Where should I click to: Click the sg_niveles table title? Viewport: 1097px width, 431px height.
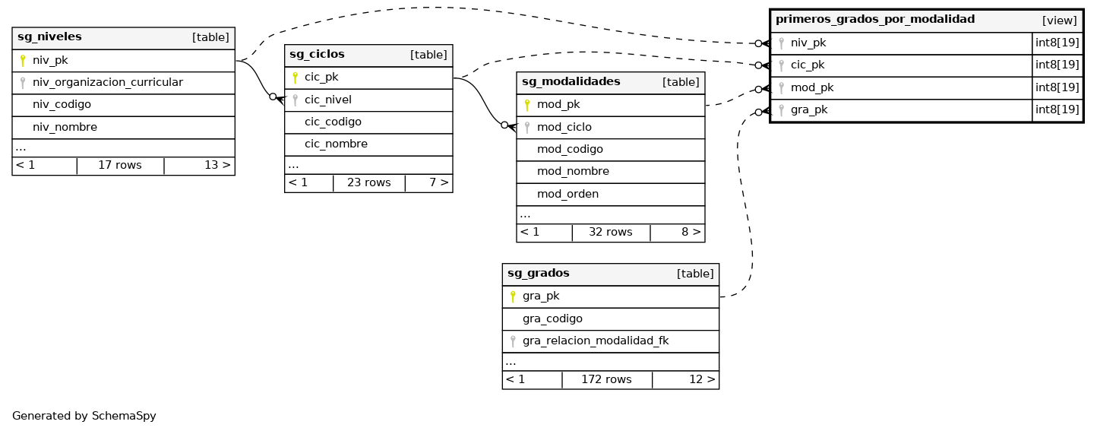coord(49,37)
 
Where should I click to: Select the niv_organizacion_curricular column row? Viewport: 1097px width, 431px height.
coord(107,82)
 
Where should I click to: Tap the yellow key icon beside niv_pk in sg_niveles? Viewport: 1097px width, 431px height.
coord(23,60)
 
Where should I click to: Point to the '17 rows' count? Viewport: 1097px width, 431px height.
coord(120,165)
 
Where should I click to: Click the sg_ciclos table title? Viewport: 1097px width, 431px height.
coord(317,54)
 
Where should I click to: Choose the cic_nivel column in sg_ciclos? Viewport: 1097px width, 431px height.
coord(327,100)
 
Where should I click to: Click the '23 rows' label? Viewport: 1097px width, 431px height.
coord(368,182)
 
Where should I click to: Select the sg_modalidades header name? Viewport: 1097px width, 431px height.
coord(571,81)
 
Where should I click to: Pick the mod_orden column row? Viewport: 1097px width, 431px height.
coord(567,194)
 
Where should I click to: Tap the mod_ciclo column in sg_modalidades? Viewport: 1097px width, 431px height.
coord(564,127)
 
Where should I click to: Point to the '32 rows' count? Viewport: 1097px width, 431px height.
coord(610,232)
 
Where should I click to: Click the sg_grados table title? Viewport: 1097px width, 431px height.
coord(538,274)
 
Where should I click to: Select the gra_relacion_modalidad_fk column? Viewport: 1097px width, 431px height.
coord(595,341)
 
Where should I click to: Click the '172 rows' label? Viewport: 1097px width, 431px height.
coord(606,379)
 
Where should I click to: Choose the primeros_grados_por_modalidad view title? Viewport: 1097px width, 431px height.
coord(874,20)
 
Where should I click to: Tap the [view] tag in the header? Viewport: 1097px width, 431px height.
coord(1059,21)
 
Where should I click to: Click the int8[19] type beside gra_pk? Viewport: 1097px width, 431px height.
coord(1057,109)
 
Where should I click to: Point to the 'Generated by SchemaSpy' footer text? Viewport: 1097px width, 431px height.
coord(84,416)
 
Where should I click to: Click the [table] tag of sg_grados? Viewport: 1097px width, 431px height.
coord(694,274)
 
